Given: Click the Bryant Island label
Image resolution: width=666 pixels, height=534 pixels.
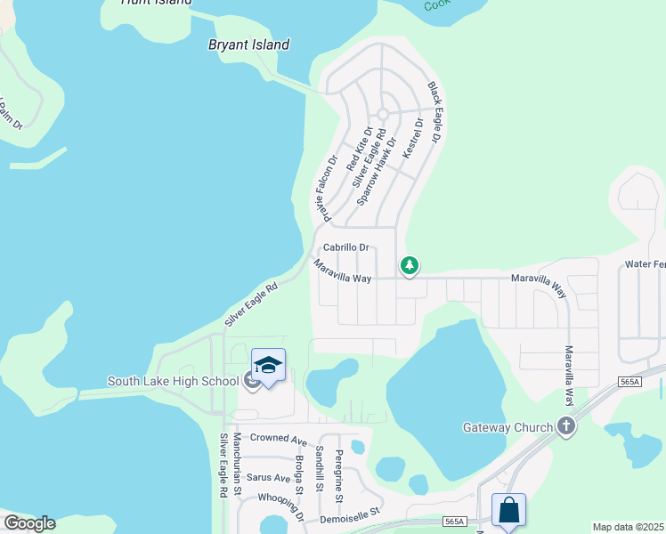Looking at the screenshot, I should pos(248,44).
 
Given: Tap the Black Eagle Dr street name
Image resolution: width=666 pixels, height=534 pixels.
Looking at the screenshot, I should pos(435,113).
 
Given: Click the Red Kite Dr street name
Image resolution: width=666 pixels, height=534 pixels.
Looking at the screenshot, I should pos(359,149).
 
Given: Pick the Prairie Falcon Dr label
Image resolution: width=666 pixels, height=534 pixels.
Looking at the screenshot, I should pos(324,189).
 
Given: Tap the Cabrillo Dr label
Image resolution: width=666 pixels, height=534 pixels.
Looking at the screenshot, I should pos(345,248).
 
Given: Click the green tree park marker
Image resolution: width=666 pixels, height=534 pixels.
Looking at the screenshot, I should pos(410,265).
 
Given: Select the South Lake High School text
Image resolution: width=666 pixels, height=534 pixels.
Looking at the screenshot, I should pos(173,382).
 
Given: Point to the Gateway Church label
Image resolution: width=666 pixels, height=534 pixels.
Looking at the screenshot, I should pos(508,427).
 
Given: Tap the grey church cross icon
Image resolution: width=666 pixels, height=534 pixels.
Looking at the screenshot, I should pos(565,427).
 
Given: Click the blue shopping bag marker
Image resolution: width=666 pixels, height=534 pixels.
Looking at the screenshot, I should pos(508,511).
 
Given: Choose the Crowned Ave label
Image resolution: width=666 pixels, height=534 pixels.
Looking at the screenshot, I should pos(278,438).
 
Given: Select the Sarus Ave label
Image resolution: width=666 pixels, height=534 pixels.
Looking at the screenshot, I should pos(268,478).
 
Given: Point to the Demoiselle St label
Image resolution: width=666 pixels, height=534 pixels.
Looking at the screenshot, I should pos(349,512).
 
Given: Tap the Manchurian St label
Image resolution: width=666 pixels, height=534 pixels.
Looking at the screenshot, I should pos(237,464).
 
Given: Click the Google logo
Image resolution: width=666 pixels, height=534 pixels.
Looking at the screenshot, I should pos(29,523).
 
